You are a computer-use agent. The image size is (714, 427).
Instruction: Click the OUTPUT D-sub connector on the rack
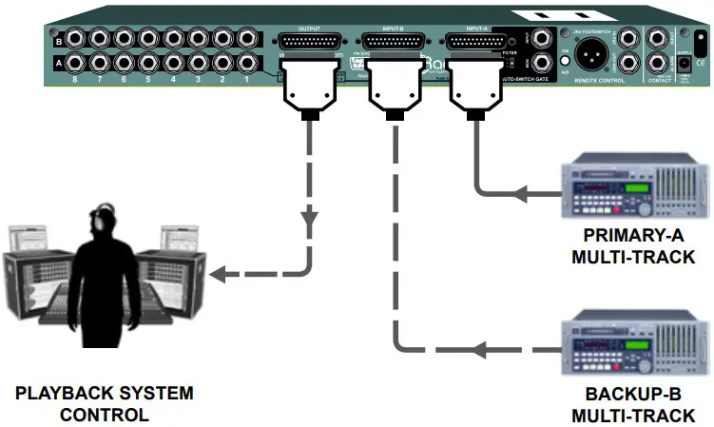pyautogui.click(x=309, y=43)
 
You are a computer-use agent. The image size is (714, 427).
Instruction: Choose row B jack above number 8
pyautogui.click(x=71, y=41)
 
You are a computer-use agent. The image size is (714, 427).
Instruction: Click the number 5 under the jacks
pyautogui.click(x=147, y=83)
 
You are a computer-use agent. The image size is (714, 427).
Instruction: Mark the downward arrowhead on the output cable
pyautogui.click(x=309, y=221)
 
